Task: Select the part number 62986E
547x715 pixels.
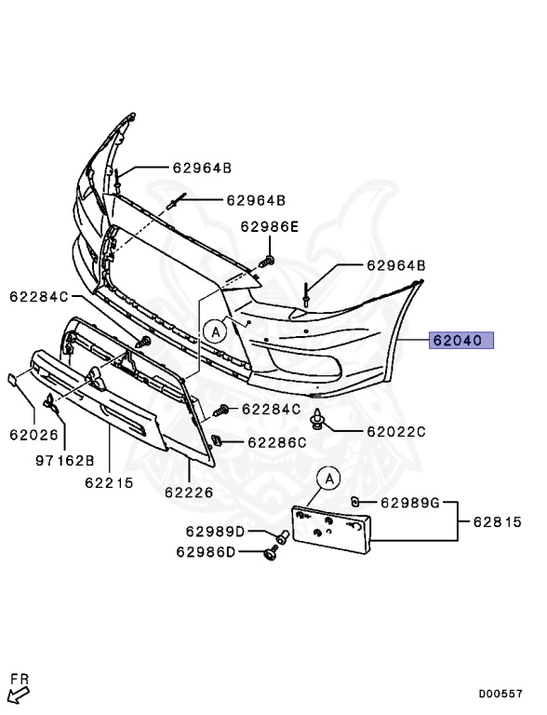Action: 270,226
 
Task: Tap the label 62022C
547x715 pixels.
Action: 395,432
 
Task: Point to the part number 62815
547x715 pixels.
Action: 497,522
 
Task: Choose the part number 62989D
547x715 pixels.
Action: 214,532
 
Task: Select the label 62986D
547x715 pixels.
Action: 206,552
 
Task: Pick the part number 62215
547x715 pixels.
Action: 109,483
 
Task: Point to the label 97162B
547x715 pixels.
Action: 65,460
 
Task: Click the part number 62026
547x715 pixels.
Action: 34,434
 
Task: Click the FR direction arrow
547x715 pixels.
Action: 19,694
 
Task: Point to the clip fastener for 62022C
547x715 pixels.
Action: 319,421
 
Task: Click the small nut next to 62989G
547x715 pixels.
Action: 354,503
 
